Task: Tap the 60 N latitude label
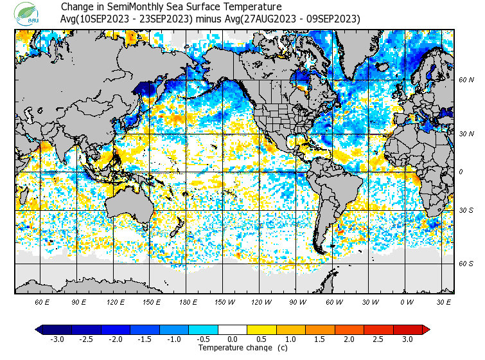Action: point(466,80)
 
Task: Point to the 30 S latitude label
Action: point(466,210)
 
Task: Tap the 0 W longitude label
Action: point(407,301)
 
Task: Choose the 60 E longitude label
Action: point(42,301)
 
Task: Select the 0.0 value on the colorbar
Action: point(233,339)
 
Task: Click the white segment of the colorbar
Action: point(233,329)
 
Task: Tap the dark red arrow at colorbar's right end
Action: point(426,329)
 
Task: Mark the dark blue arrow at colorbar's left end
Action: point(39,329)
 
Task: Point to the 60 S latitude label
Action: point(466,264)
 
